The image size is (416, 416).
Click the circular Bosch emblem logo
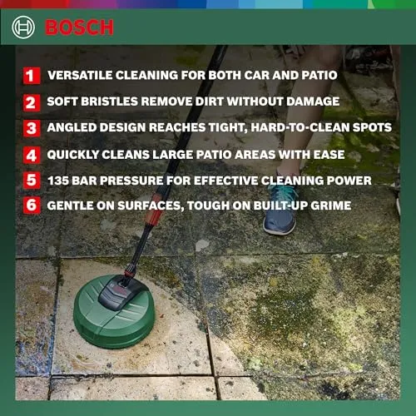click(23, 27)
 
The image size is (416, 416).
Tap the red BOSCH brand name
click(79, 27)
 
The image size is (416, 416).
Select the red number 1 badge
click(32, 76)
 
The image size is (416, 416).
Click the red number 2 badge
click(32, 102)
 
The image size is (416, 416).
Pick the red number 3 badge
click(32, 128)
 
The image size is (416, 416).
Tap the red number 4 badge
click(32, 155)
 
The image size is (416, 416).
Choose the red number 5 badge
click(32, 181)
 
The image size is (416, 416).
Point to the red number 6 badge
click(32, 206)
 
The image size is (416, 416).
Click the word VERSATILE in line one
click(80, 75)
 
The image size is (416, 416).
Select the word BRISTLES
click(109, 102)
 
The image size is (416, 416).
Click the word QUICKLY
click(72, 155)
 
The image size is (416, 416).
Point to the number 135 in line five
click(58, 181)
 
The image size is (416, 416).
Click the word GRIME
click(330, 206)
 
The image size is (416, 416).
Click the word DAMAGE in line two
click(313, 102)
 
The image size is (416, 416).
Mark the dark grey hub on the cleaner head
click(120, 292)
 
